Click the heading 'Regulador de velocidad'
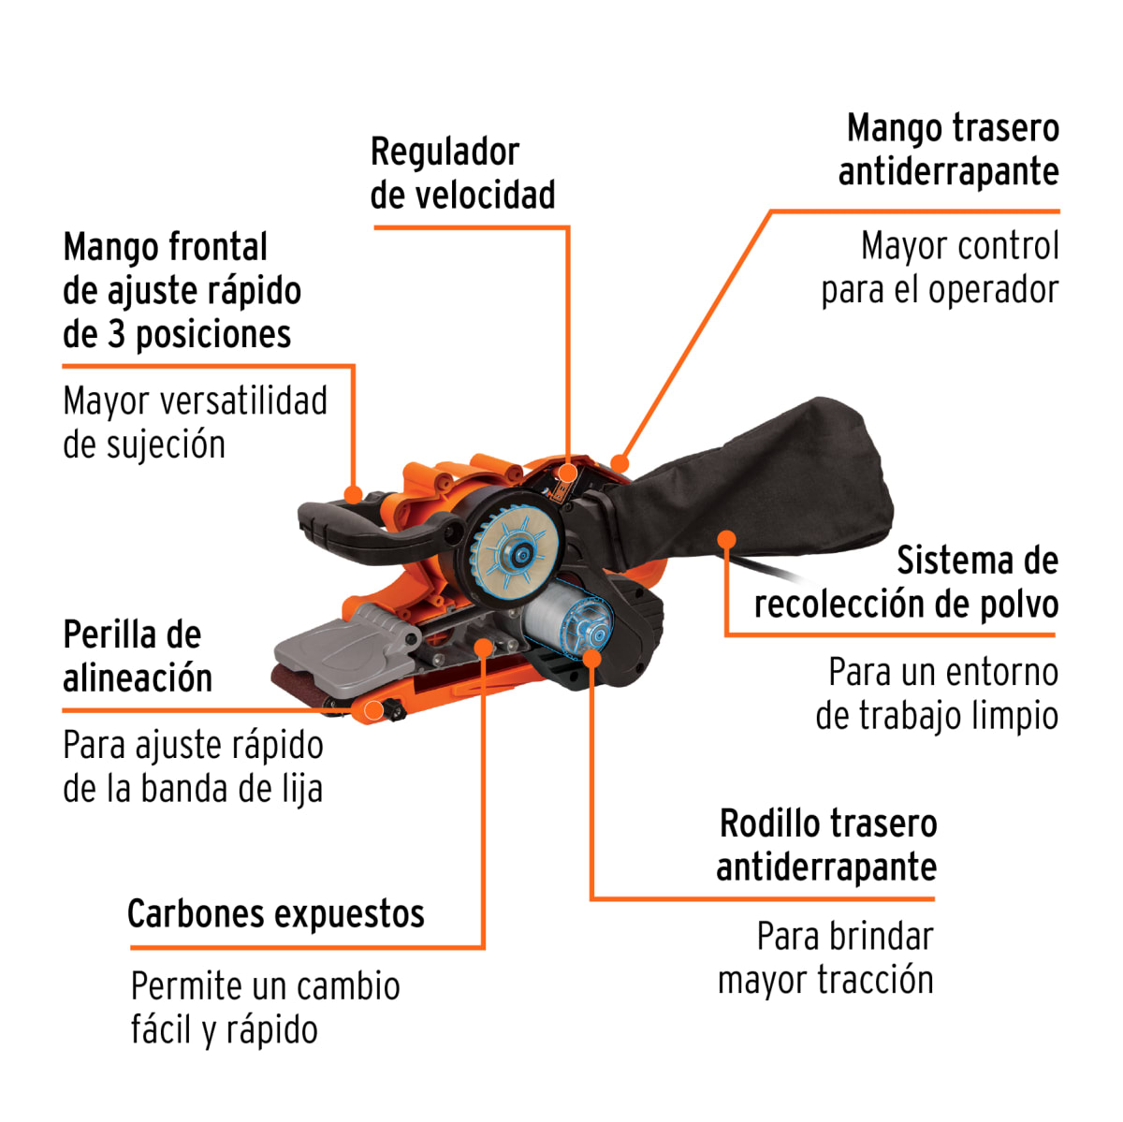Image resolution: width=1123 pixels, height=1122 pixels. click(462, 173)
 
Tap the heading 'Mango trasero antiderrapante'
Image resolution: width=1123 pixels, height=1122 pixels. click(948, 150)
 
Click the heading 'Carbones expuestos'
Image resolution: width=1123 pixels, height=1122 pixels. click(275, 913)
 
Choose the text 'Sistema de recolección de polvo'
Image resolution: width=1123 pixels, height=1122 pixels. click(906, 582)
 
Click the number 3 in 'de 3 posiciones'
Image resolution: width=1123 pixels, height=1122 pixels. click(116, 334)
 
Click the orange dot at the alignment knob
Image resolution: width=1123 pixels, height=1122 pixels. click(372, 710)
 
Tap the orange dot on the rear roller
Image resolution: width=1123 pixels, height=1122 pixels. click(591, 657)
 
